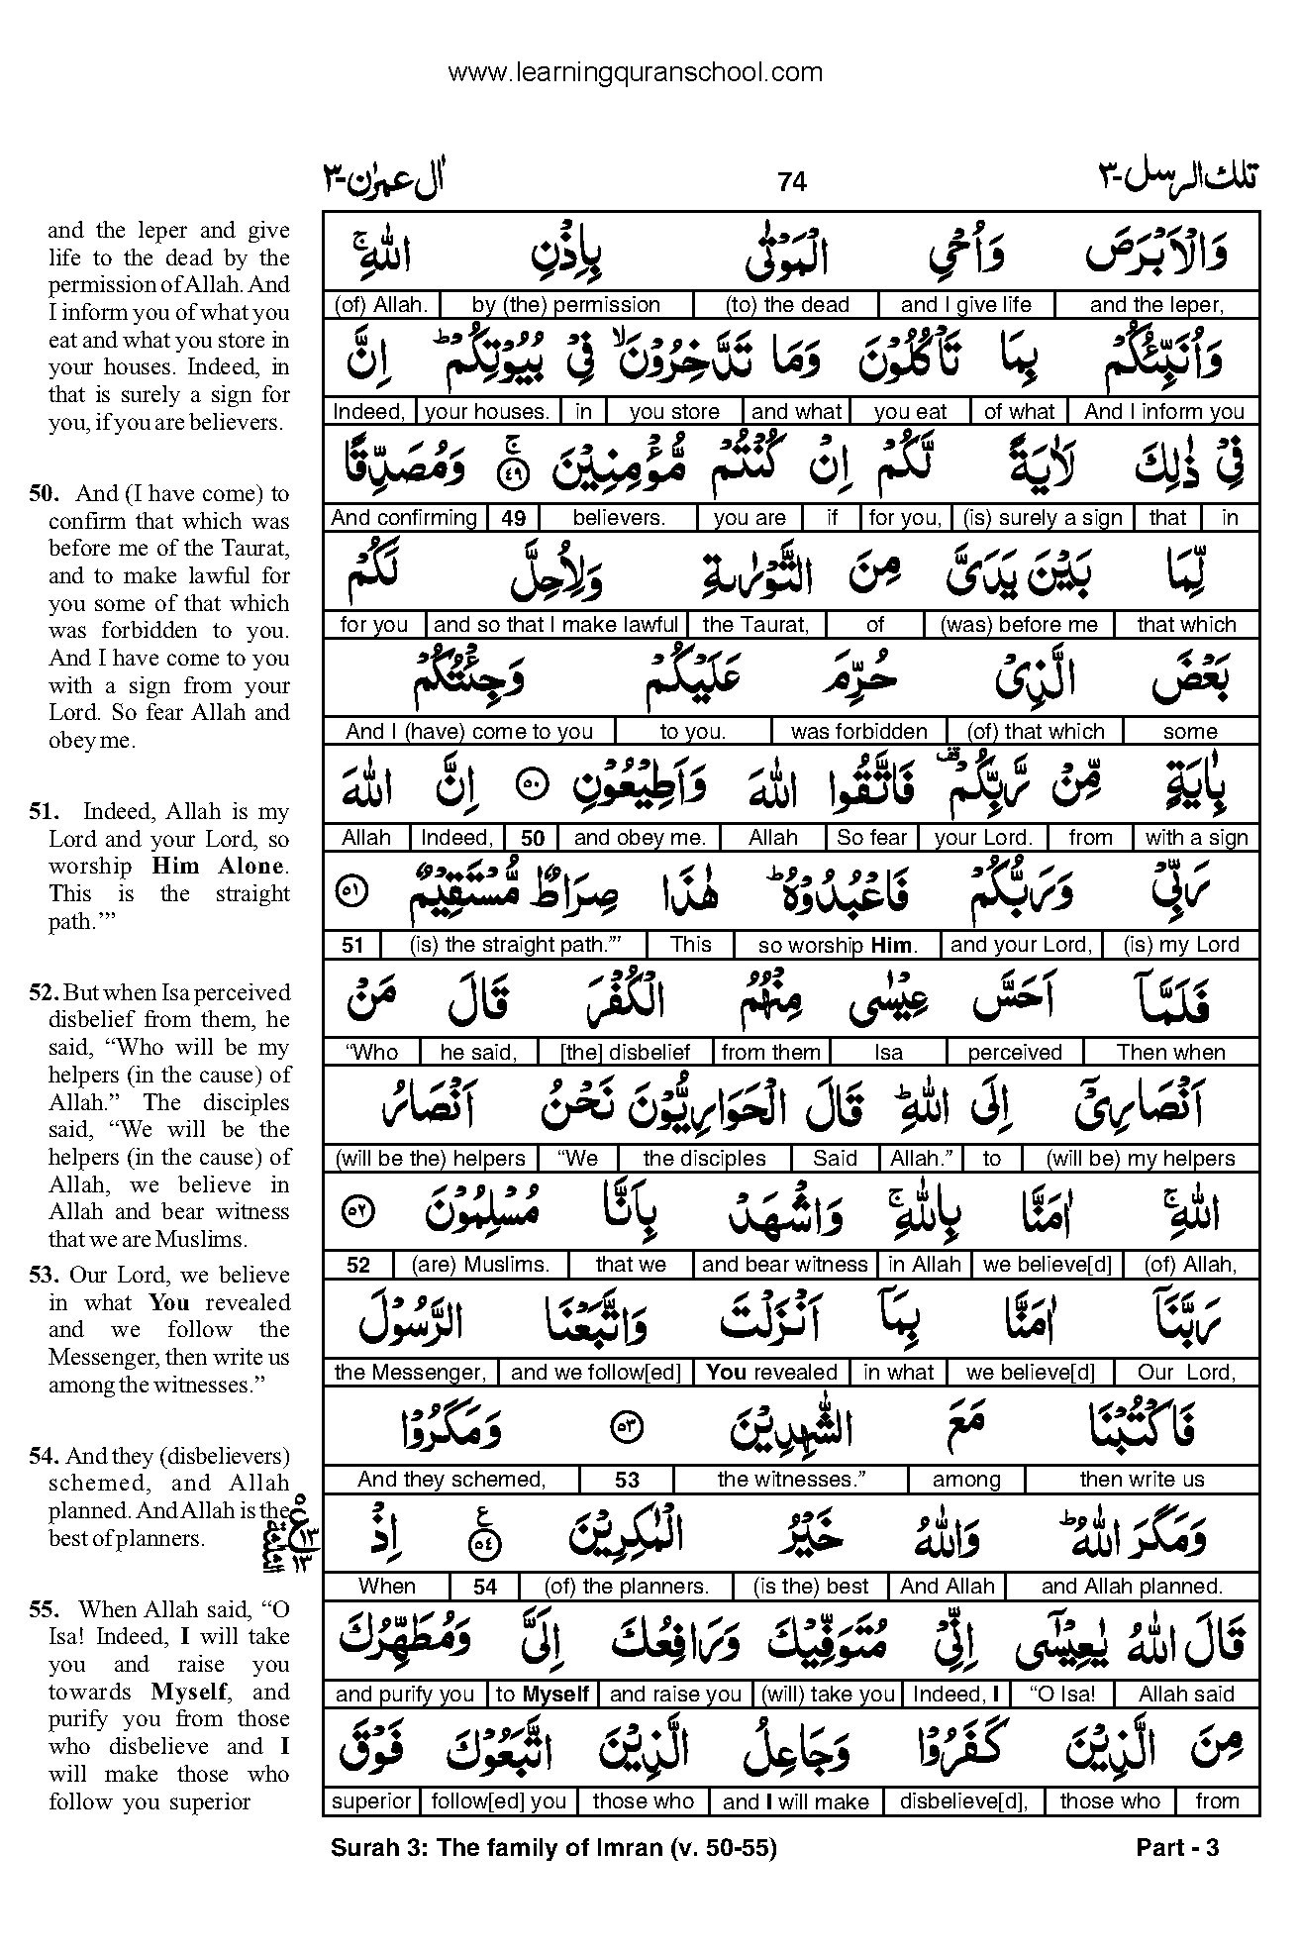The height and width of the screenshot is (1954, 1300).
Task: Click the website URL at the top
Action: pyautogui.click(x=635, y=72)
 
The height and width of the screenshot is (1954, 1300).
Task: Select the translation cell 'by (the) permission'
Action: pyautogui.click(x=565, y=305)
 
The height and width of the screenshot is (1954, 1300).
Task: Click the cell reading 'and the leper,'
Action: pyautogui.click(x=1155, y=305)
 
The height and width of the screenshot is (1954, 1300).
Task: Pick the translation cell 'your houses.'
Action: pyautogui.click(x=485, y=412)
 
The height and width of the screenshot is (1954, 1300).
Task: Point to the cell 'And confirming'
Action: pyautogui.click(x=404, y=517)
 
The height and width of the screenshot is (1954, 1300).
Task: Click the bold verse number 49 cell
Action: pyautogui.click(x=513, y=518)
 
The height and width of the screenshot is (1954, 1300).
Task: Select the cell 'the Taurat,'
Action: pyautogui.click(x=755, y=624)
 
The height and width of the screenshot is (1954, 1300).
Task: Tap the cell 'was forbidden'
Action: pyautogui.click(x=858, y=731)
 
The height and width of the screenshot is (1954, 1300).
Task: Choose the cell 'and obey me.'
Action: pyautogui.click(x=639, y=838)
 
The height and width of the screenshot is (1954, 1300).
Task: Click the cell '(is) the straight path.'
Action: pyautogui.click(x=511, y=945)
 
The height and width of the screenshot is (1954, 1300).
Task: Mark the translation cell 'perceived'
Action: pyautogui.click(x=1014, y=1052)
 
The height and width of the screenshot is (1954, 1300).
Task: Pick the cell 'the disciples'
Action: pyautogui.click(x=704, y=1158)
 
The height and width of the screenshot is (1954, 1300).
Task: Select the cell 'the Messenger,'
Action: pyautogui.click(x=410, y=1372)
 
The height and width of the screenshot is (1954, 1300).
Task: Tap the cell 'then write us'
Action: pyautogui.click(x=1142, y=1479)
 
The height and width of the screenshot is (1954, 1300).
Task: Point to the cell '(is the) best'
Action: pyautogui.click(x=810, y=1586)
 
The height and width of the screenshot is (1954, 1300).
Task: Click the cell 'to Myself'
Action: pyautogui.click(x=543, y=1694)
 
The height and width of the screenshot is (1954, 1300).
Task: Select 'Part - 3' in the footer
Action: pyautogui.click(x=1177, y=1848)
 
